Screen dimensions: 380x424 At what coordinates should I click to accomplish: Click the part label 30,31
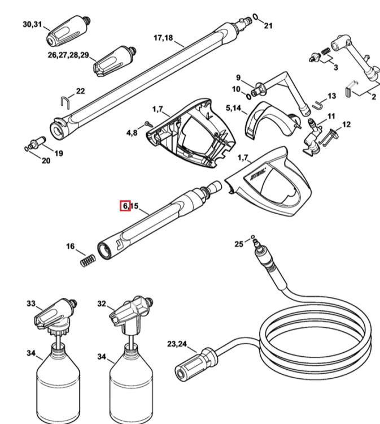point(32,24)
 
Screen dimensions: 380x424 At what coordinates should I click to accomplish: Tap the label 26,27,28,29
point(68,55)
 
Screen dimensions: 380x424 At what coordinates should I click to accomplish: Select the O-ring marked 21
point(255,17)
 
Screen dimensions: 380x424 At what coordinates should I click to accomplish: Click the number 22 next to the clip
point(80,91)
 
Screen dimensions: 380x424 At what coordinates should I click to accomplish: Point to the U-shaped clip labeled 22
point(65,103)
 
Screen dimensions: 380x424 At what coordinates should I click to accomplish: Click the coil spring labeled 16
point(88,261)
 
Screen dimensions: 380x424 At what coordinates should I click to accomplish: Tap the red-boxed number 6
point(125,206)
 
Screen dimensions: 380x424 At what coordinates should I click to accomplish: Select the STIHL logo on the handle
point(258,174)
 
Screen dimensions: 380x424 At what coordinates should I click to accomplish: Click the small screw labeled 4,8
point(149,124)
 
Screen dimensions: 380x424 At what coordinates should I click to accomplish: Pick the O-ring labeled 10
point(248,96)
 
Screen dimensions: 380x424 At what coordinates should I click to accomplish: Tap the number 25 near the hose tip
point(239,244)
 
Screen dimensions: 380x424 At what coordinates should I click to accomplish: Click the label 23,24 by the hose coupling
point(177,344)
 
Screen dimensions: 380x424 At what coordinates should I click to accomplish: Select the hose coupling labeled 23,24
point(196,364)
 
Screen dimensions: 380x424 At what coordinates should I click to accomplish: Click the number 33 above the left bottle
point(31,304)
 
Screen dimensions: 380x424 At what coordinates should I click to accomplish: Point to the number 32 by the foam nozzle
point(102,304)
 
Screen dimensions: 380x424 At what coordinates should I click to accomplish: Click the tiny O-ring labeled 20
point(27,149)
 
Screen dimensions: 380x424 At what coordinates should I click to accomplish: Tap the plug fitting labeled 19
point(38,142)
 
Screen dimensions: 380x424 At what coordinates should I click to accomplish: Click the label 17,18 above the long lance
point(163,38)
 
